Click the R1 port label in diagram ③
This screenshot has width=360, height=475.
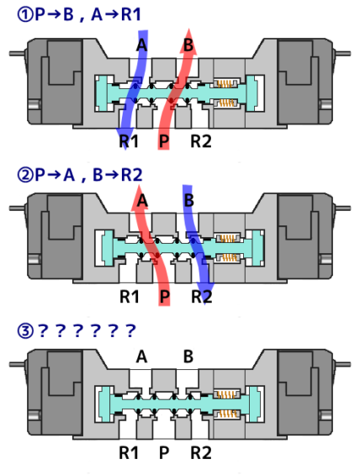point(129,453)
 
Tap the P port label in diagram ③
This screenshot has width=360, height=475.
point(164,453)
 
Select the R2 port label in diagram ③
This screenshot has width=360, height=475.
point(201,453)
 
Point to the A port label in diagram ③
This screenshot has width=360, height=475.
point(141,356)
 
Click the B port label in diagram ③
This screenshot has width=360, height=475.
point(188,356)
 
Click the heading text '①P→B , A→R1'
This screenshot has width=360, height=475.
point(79,14)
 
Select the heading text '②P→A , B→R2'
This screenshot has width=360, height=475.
point(80,175)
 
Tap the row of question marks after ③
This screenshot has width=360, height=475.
point(87,330)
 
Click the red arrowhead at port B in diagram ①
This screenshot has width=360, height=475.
point(188,42)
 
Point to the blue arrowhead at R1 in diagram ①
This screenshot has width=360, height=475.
point(124,138)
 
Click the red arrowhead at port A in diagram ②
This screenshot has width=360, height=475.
point(140,197)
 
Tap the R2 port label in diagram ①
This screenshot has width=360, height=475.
point(201,141)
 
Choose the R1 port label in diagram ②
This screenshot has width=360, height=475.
point(130,296)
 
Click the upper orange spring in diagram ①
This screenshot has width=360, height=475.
point(225,83)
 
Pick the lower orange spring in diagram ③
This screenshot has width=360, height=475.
point(228,414)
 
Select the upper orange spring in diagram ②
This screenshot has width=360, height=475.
point(228,238)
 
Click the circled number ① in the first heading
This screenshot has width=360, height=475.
point(25,14)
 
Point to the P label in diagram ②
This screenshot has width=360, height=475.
point(165,296)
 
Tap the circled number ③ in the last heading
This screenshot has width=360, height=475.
point(25,331)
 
